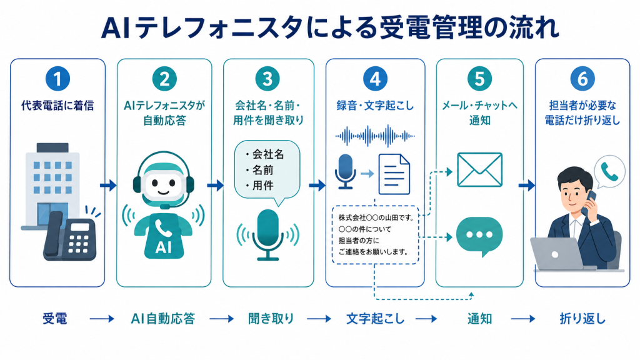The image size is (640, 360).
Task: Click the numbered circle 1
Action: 57,79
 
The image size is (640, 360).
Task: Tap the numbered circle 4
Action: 375,79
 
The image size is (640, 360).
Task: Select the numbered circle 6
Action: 582,79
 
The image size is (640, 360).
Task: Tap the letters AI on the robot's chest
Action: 163,247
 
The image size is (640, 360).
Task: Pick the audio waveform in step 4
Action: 375,136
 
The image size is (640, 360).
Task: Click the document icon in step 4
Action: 394,174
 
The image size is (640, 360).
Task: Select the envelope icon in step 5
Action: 479,169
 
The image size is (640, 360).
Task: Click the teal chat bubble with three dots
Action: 479,236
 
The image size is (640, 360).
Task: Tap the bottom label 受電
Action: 55,318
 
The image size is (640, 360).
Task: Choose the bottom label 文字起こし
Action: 375,318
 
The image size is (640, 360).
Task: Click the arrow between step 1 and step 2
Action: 108,186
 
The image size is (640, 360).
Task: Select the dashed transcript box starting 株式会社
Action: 375,235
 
